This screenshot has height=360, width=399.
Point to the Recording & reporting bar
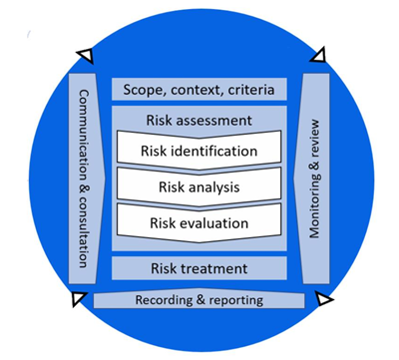199,299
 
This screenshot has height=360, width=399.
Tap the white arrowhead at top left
86,56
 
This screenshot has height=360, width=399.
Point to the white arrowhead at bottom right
322,299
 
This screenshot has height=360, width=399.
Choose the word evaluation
218,222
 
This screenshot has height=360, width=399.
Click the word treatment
220,268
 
